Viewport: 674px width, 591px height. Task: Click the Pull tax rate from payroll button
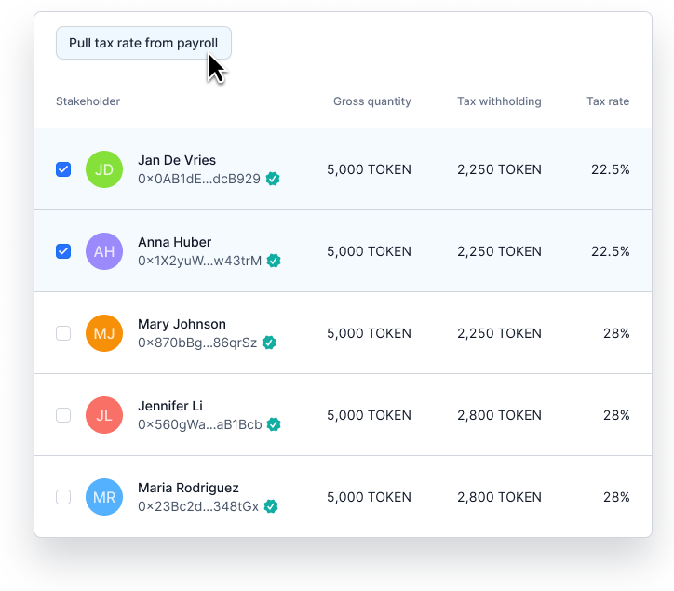click(x=143, y=43)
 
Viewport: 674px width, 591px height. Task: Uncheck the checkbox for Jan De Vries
click(x=63, y=169)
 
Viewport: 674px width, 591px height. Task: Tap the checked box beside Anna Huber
click(x=63, y=251)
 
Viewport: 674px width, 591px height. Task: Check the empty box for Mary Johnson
click(x=63, y=333)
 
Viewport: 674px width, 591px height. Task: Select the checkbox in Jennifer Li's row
click(x=63, y=415)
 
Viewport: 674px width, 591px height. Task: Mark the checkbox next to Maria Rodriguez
click(x=63, y=497)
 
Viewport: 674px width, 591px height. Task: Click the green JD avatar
click(x=104, y=169)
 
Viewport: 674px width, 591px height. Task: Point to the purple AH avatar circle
click(x=104, y=251)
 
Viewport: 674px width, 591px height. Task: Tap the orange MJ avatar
click(x=104, y=333)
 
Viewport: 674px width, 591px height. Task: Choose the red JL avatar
click(x=104, y=415)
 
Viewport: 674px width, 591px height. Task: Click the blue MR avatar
click(x=104, y=497)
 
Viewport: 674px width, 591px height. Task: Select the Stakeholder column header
click(x=88, y=101)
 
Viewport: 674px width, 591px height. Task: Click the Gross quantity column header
click(x=372, y=101)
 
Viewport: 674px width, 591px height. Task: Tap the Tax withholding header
click(x=499, y=101)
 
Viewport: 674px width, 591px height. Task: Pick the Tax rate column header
click(x=608, y=101)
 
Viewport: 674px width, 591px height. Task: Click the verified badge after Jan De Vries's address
click(x=273, y=179)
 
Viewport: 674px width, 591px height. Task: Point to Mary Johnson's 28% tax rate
click(x=616, y=333)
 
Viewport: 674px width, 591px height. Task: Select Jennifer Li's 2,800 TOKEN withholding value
click(x=499, y=415)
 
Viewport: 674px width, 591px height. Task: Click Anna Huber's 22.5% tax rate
click(x=611, y=251)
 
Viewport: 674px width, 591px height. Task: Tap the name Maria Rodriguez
click(x=188, y=488)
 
